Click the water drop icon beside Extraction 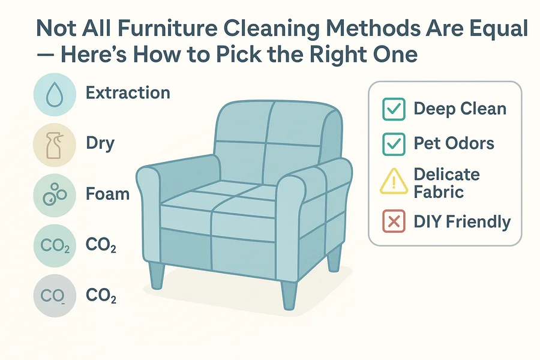coord(55,94)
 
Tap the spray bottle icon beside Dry coord(55,145)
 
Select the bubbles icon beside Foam coord(55,194)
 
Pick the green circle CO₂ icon coord(55,245)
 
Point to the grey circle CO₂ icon coord(55,296)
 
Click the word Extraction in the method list coord(128,92)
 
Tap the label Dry coord(100,143)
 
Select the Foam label coord(107,194)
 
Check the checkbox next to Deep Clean coord(394,109)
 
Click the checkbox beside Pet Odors coord(394,144)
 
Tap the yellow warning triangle coord(394,181)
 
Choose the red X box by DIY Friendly coord(394,221)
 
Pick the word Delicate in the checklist coord(446,175)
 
